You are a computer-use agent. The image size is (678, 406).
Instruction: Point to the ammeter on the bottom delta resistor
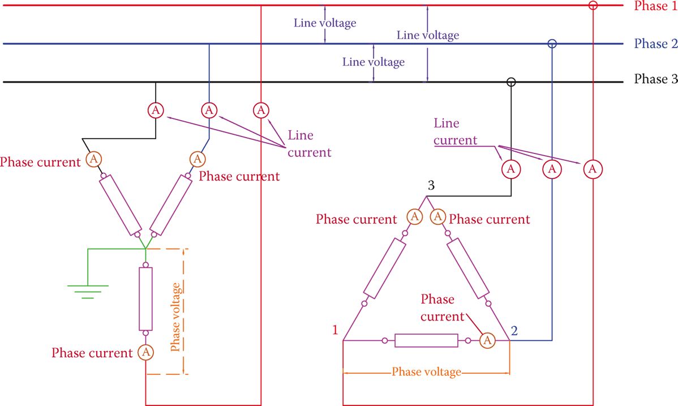tap(487, 340)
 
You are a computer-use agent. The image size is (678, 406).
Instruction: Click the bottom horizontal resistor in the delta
tap(426, 340)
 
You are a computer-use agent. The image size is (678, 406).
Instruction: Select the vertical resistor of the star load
tap(145, 298)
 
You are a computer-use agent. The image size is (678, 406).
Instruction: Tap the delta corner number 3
tap(431, 186)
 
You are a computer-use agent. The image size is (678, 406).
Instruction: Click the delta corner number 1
tap(335, 330)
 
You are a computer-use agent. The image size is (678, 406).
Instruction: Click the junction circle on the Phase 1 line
tap(593, 6)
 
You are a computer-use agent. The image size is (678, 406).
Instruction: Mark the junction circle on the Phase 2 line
tap(552, 44)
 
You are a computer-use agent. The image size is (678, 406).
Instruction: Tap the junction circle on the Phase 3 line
tap(511, 82)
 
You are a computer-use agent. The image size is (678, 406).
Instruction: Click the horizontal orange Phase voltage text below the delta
tap(426, 372)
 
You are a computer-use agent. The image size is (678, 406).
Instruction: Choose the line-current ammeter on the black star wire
tap(156, 109)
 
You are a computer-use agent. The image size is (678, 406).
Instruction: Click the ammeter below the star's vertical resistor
tap(145, 352)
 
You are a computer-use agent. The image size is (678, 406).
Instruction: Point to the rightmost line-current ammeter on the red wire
tap(593, 169)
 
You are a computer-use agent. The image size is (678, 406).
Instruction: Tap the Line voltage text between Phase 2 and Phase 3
tap(374, 62)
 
